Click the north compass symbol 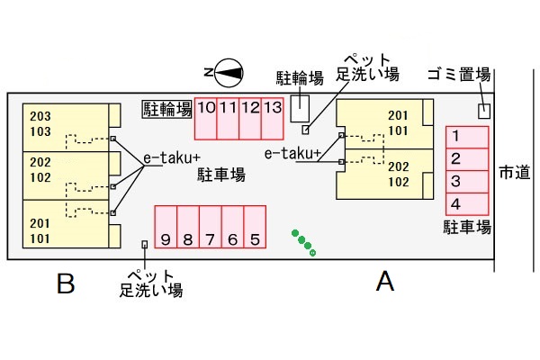coord(224,72)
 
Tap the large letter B coord(65,285)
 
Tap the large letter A coord(385,283)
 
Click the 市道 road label coord(514,172)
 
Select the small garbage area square coord(484,111)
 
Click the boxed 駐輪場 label coord(167,109)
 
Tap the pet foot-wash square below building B coord(144,244)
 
